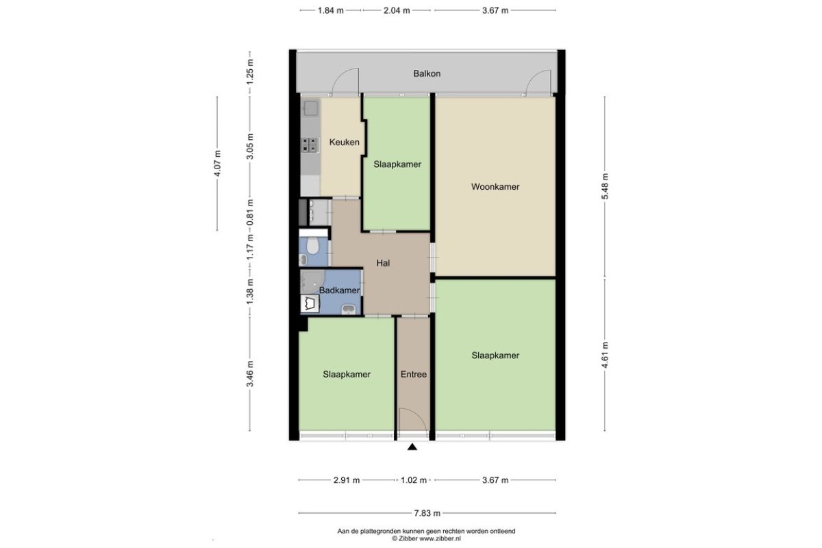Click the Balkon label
click(x=427, y=74)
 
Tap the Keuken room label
click(x=344, y=142)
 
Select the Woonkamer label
click(x=495, y=187)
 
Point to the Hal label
click(x=383, y=263)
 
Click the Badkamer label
click(x=340, y=290)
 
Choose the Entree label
click(x=414, y=375)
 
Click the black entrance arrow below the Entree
click(x=412, y=447)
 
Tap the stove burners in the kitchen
click(x=310, y=145)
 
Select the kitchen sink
click(x=310, y=109)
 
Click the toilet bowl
click(x=312, y=245)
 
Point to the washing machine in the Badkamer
click(x=310, y=303)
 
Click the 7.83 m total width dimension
click(x=427, y=513)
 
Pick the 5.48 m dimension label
click(x=605, y=186)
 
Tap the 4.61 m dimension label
click(x=605, y=355)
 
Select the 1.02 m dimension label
click(x=414, y=480)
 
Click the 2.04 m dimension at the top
click(x=397, y=11)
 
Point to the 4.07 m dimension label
click(x=217, y=163)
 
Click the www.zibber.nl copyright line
click(x=426, y=538)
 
